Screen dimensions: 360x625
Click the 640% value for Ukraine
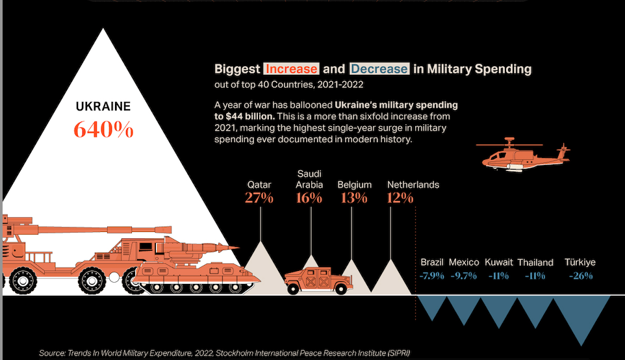click(104, 129)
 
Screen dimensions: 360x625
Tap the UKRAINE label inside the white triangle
click(103, 106)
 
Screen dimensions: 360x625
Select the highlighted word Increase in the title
click(291, 69)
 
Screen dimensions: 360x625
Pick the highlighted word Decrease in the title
click(379, 69)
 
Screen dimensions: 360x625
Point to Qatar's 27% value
click(259, 198)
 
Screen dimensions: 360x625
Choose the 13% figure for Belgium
click(354, 198)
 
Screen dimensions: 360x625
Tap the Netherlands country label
click(413, 185)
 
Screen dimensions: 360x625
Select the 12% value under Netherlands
click(400, 198)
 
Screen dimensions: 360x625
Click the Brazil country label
click(432, 263)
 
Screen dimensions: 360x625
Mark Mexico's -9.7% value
click(463, 276)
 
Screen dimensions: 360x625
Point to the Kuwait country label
click(499, 263)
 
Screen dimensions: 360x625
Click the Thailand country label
click(535, 263)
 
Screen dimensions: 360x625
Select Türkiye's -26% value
click(580, 276)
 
